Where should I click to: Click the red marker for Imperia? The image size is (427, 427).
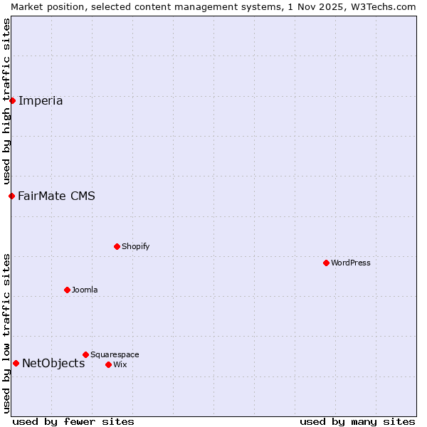tap(12, 100)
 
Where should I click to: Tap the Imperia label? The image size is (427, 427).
tap(41, 100)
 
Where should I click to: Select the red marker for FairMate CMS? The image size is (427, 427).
tap(11, 196)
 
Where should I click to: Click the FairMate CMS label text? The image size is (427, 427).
tap(56, 196)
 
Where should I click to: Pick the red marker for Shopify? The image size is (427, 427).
tap(117, 246)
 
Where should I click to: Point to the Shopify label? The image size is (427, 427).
tap(135, 246)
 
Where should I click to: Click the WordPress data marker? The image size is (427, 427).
tap(326, 263)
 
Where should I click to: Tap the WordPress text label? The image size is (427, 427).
tap(350, 263)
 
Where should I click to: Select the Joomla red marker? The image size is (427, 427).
tap(67, 290)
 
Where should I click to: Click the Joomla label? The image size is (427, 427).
tap(85, 290)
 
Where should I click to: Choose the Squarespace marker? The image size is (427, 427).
tap(85, 354)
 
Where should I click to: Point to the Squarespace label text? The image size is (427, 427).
tap(115, 354)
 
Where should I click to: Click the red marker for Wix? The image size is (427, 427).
tap(108, 364)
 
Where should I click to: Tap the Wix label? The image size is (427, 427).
tap(120, 364)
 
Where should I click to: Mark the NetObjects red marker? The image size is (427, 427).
tap(16, 363)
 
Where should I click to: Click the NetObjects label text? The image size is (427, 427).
tap(53, 363)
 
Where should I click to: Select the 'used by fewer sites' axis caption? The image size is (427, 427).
tap(73, 421)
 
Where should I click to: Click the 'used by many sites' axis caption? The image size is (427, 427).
tap(357, 421)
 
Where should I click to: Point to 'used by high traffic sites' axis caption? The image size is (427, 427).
tap(6, 101)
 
